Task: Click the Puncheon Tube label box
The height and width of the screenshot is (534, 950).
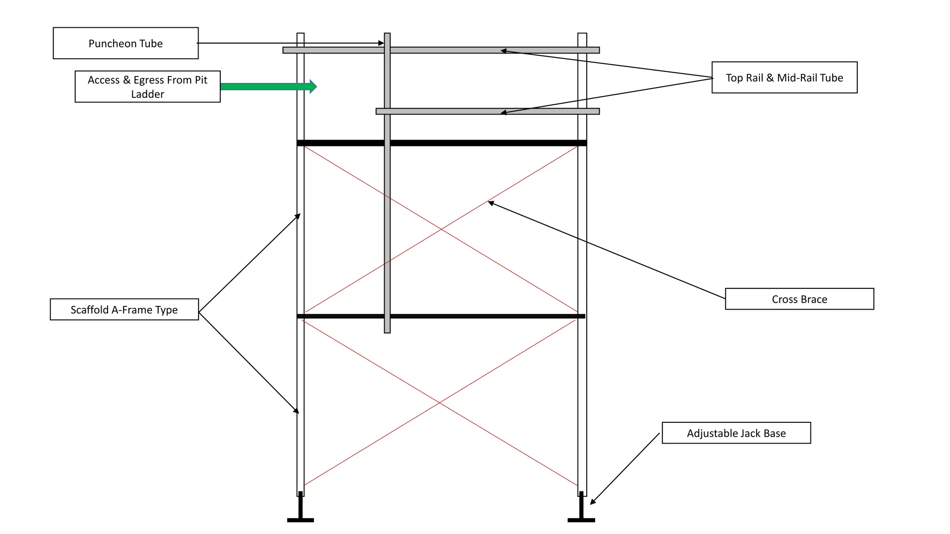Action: [126, 43]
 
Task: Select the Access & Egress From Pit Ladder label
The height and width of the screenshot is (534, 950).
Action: [148, 87]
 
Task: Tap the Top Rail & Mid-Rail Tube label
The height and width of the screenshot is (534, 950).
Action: [784, 77]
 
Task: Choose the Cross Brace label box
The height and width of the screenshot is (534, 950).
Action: [799, 299]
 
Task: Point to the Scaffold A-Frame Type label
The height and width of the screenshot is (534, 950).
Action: [124, 309]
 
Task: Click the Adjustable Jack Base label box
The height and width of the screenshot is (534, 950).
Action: [736, 433]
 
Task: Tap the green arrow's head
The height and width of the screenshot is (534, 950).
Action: [313, 86]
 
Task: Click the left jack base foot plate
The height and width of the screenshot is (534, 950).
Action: [301, 520]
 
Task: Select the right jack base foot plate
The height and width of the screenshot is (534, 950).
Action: [581, 520]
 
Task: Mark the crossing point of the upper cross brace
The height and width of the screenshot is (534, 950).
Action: [441, 229]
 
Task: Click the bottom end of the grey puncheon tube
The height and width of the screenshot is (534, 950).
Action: [387, 331]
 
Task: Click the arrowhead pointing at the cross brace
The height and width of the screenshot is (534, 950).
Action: [491, 203]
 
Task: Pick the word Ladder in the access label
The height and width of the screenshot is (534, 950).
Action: [148, 94]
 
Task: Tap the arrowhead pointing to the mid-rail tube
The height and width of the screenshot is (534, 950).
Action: [503, 113]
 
